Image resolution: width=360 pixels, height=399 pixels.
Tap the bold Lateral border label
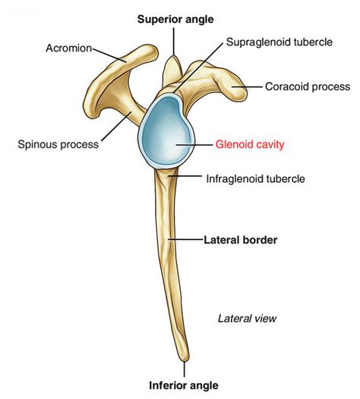(x=240, y=240)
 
